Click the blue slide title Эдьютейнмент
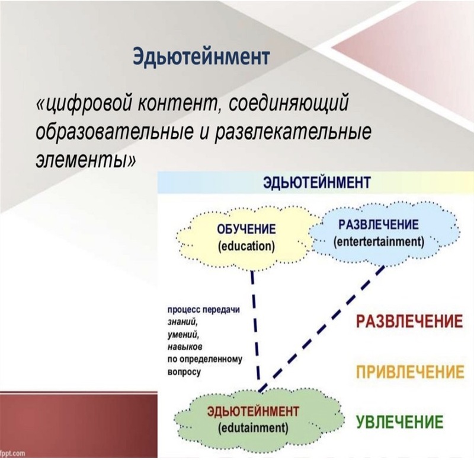(x=201, y=56)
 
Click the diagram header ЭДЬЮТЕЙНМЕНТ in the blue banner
(x=316, y=183)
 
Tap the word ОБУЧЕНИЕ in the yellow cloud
(x=246, y=229)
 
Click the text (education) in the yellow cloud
(x=246, y=246)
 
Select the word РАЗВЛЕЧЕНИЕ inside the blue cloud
(x=379, y=225)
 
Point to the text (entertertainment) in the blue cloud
(x=379, y=242)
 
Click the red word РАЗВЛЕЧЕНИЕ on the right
(x=409, y=322)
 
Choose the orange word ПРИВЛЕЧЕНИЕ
(x=410, y=372)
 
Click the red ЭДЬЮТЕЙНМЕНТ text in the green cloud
(x=253, y=411)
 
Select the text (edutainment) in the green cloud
(x=253, y=428)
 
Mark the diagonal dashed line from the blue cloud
(x=322, y=329)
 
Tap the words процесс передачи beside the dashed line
(x=204, y=310)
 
